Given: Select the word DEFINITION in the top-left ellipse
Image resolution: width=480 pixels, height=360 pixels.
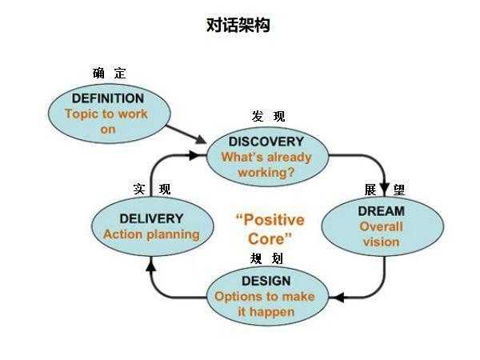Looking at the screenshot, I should pyautogui.click(x=107, y=98).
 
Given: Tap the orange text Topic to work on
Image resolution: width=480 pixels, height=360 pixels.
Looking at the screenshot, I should pyautogui.click(x=107, y=121).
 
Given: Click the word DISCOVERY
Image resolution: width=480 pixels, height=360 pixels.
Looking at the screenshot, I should pyautogui.click(x=266, y=142).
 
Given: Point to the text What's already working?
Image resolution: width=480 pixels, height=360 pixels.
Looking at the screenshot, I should pyautogui.click(x=266, y=164).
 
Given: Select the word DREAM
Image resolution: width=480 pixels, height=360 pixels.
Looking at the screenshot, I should pyautogui.click(x=381, y=211).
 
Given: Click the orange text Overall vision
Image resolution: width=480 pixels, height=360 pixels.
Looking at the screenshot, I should pyautogui.click(x=381, y=234).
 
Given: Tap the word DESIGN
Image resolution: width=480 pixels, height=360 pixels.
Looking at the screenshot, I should pyautogui.click(x=266, y=281).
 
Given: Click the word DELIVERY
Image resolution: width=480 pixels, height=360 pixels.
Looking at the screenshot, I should pyautogui.click(x=151, y=218).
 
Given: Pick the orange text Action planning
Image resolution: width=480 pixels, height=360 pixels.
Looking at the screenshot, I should pyautogui.click(x=151, y=234).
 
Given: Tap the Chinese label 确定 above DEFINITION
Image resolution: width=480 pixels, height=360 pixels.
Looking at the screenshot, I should pyautogui.click(x=109, y=73).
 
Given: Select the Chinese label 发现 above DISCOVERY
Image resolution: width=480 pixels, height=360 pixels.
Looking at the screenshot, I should pyautogui.click(x=267, y=117).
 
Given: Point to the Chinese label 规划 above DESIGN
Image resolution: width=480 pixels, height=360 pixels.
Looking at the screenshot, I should pyautogui.click(x=266, y=258).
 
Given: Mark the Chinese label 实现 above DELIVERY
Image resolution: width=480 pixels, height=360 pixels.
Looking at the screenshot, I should pyautogui.click(x=151, y=190).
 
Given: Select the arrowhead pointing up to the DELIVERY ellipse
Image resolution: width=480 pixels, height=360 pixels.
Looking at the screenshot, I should pyautogui.click(x=151, y=265).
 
